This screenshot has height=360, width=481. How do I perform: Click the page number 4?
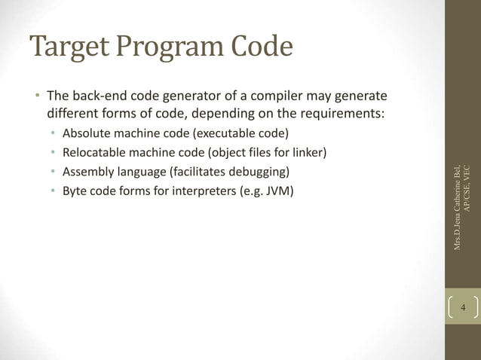point(463,309)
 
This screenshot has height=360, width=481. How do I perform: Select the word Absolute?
point(87,135)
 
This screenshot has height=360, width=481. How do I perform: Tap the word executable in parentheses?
point(227,135)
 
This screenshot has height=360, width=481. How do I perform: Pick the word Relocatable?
point(95,153)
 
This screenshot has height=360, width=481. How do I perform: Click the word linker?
point(306,153)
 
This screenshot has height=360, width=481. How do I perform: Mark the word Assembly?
point(88,172)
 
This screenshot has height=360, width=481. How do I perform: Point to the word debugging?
point(258,172)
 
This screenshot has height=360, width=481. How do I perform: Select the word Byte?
point(75,190)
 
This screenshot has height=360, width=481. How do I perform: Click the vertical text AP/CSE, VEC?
point(467,188)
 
